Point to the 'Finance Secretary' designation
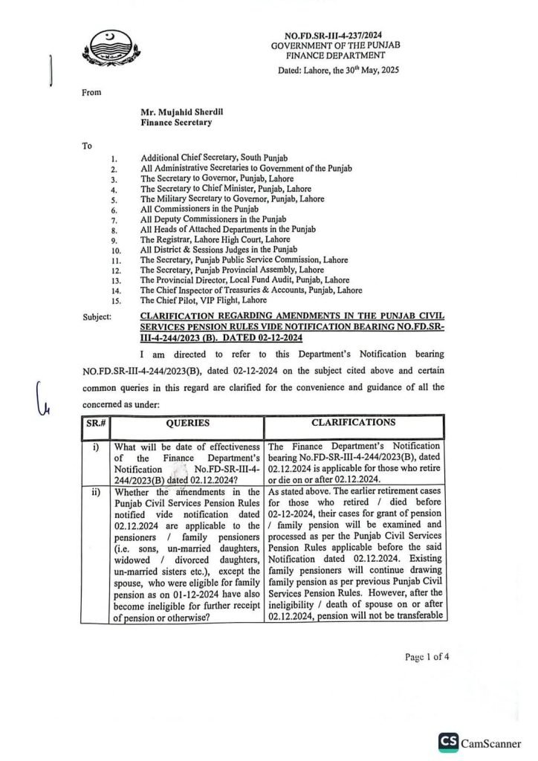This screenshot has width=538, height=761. click(x=176, y=123)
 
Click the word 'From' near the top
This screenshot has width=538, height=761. click(x=90, y=93)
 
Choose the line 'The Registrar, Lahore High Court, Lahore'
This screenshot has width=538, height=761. click(x=215, y=240)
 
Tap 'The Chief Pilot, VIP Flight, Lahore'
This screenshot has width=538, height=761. click(x=204, y=300)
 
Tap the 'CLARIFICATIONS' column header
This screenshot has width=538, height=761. click(x=354, y=422)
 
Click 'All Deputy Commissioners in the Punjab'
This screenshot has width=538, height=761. click(x=213, y=220)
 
